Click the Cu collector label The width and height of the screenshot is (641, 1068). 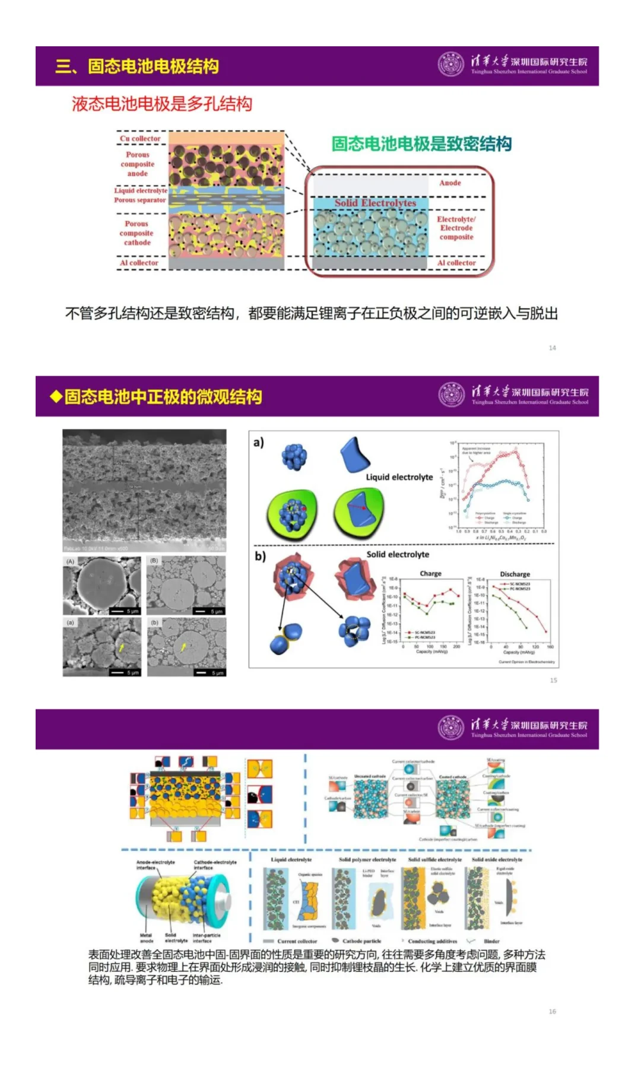(140, 139)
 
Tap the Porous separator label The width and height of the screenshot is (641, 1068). (140, 201)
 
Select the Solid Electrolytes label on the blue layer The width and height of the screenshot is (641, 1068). (375, 203)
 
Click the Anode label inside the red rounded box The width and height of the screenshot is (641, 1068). (450, 183)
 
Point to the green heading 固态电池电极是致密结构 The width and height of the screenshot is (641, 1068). (421, 144)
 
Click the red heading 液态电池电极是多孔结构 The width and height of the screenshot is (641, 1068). (162, 104)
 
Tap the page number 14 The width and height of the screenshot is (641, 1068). (552, 348)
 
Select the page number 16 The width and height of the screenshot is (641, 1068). (552, 1012)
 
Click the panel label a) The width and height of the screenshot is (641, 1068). (259, 443)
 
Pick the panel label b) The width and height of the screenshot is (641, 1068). (260, 556)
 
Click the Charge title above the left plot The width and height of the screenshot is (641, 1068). (430, 574)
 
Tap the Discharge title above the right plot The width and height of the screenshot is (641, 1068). (515, 574)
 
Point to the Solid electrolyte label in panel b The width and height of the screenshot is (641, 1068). (398, 555)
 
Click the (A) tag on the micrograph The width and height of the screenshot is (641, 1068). (71, 561)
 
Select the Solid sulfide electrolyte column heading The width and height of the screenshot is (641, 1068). (434, 860)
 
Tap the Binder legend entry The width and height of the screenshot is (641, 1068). (491, 941)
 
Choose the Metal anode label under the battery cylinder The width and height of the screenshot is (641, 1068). (146, 938)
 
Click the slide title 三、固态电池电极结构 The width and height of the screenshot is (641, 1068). (137, 66)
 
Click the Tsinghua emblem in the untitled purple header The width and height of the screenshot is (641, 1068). (451, 729)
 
